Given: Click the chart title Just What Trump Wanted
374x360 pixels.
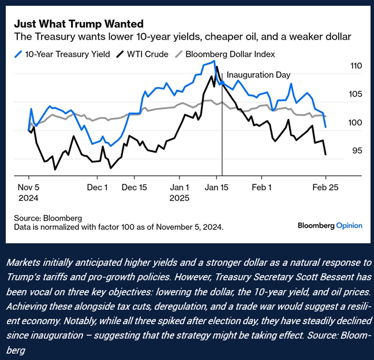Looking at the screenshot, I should tap(78, 24).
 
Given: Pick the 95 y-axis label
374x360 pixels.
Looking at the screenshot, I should tap(357, 151).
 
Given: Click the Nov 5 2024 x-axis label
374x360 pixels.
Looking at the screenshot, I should tap(28, 192).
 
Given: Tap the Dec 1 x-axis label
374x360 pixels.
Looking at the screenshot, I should tap(98, 188).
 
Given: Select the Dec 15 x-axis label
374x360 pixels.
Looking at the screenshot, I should tap(134, 188).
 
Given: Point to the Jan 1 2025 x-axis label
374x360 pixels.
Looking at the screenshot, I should tap(179, 192).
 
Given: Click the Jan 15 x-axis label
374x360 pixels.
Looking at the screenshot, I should tap(216, 188).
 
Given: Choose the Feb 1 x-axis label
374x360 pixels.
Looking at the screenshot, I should tap(262, 188).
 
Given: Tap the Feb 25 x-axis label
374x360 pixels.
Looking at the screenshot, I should tap(325, 188).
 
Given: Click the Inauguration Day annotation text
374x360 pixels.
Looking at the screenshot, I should tap(258, 75).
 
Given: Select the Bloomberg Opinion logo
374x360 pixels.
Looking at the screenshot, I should tap(330, 225).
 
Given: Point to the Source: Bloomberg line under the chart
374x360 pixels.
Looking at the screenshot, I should tap(48, 218).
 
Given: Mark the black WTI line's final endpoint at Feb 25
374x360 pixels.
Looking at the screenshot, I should tap(326, 154).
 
